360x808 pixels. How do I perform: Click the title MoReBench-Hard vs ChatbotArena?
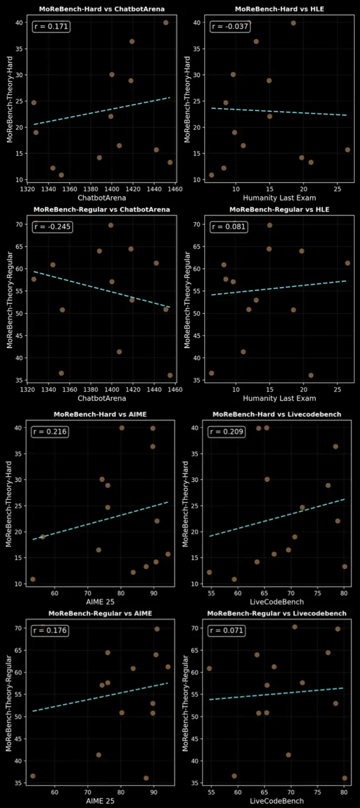click(102, 9)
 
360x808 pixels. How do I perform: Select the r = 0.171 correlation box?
click(51, 27)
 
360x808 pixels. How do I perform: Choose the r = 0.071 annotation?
click(227, 631)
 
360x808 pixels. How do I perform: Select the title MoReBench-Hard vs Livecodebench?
click(277, 414)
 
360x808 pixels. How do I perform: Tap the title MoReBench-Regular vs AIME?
click(100, 613)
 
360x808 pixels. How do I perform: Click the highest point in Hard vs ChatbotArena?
click(166, 23)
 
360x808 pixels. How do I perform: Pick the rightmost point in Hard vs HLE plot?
click(347, 150)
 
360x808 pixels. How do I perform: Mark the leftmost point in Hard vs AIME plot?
click(33, 579)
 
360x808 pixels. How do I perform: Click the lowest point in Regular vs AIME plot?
click(146, 778)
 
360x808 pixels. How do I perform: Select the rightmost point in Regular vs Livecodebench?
click(344, 778)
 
